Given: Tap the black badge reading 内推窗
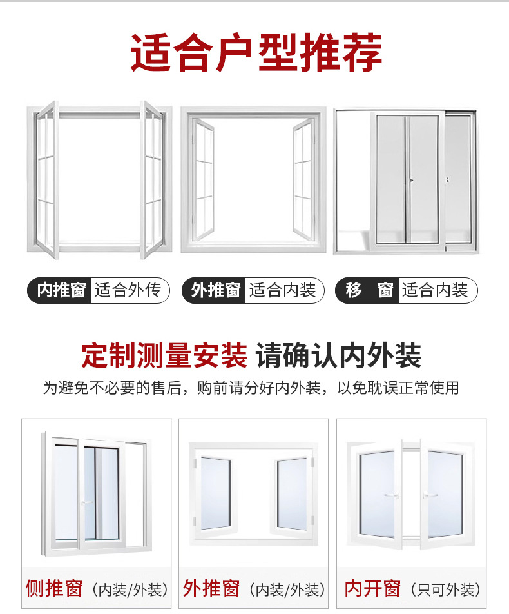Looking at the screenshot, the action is click(61, 290).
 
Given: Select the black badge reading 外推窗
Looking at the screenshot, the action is click(215, 290).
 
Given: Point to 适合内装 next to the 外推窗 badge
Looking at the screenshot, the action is click(282, 290).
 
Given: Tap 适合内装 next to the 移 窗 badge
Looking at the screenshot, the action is click(436, 290).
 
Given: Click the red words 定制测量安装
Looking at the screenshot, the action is click(164, 355).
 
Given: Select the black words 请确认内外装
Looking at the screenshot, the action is click(338, 355).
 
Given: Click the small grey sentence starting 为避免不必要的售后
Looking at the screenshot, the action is click(251, 388).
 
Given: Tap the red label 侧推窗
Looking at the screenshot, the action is click(54, 588).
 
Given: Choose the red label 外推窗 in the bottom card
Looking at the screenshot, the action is click(211, 588).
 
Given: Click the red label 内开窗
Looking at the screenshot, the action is click(372, 588).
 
